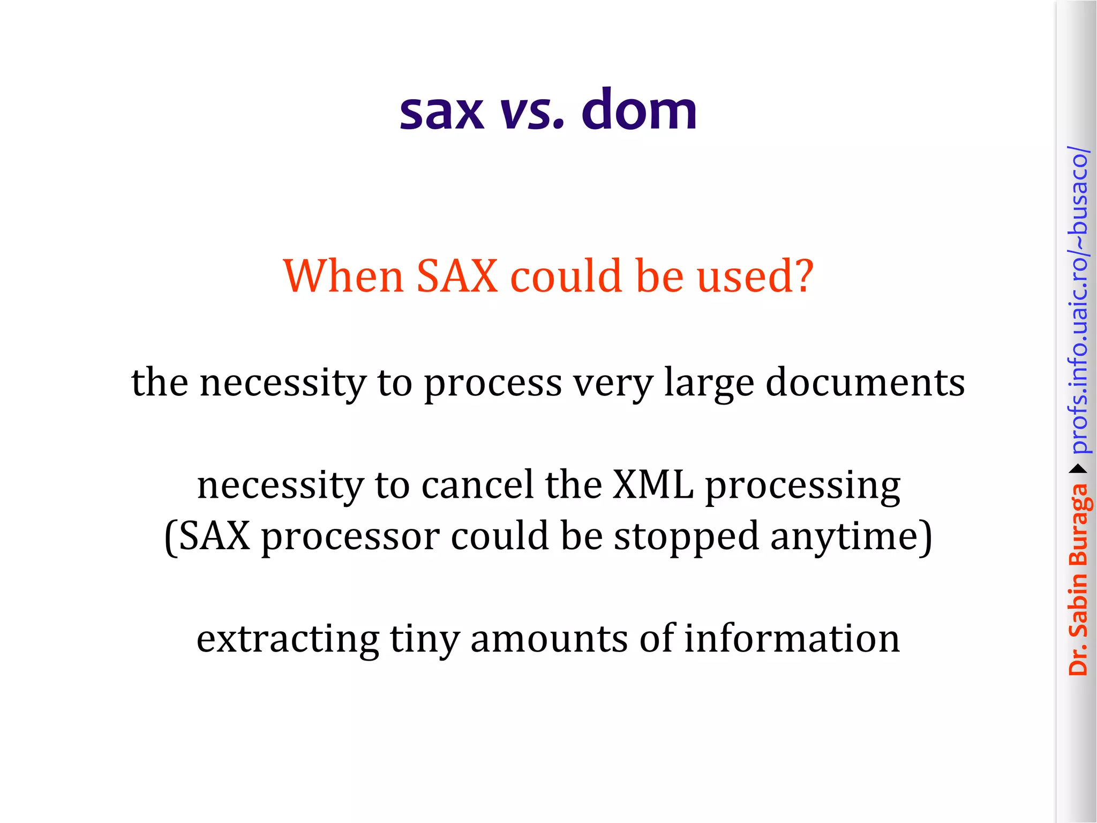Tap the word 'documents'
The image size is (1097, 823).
pos(865,383)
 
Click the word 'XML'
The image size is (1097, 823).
pos(653,485)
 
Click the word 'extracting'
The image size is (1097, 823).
pos(288,640)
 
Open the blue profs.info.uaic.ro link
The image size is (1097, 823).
pos(1078,300)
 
